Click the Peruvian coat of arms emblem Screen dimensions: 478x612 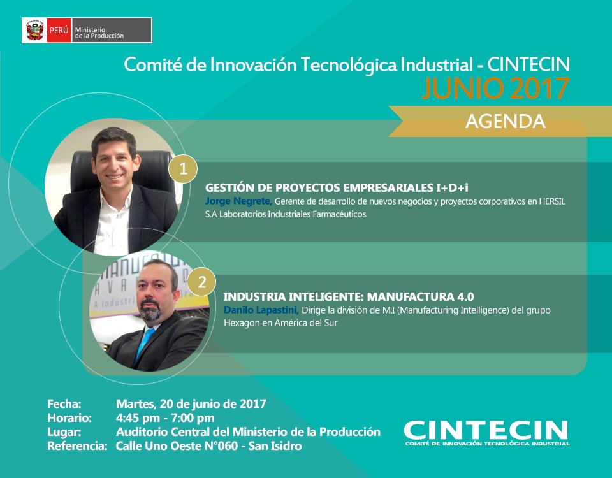click(x=33, y=30)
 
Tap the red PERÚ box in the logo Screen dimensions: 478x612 click(x=58, y=30)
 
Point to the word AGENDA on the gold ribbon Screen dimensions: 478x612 click(x=505, y=121)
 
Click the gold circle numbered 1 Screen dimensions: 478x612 click(x=183, y=169)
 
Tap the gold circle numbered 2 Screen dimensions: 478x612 click(x=201, y=283)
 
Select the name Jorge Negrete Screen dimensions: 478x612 click(x=238, y=201)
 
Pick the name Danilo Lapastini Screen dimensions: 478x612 click(x=261, y=310)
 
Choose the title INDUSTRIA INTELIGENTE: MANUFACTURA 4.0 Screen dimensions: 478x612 click(x=349, y=296)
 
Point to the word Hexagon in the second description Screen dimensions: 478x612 click(x=242, y=323)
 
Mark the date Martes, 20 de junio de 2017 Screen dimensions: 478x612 click(x=191, y=403)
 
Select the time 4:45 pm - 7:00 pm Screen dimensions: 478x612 click(x=165, y=418)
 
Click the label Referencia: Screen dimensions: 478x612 click(x=77, y=446)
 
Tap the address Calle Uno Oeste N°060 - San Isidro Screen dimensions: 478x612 click(x=208, y=446)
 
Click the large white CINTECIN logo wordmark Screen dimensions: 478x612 click(x=486, y=429)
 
